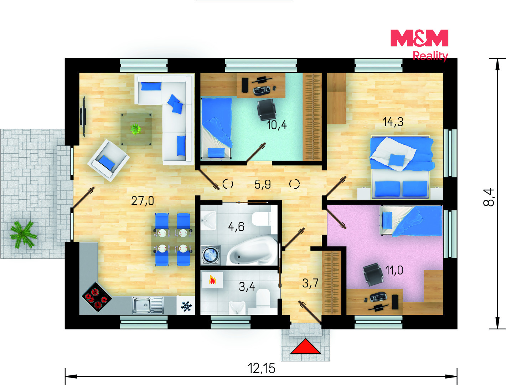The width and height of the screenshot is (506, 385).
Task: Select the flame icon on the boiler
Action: click(x=212, y=280)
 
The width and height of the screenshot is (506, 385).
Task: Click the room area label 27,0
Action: click(x=143, y=201)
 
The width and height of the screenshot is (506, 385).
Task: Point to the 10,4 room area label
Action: click(x=277, y=125)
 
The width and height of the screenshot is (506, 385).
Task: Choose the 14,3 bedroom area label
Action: click(x=393, y=122)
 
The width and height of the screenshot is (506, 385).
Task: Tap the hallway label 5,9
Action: click(x=263, y=184)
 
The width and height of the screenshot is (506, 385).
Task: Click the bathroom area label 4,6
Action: click(x=236, y=227)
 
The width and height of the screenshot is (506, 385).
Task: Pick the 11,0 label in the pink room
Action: click(x=394, y=271)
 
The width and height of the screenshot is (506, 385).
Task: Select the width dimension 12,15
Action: click(x=261, y=368)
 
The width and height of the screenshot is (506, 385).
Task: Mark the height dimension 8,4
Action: click(x=489, y=197)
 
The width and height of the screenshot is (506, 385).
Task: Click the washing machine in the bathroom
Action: click(x=211, y=255)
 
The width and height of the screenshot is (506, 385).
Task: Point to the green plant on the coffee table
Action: click(x=136, y=129)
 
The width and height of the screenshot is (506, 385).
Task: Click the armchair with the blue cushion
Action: click(x=108, y=160)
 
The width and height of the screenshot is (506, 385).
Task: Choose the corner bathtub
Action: click(x=252, y=250)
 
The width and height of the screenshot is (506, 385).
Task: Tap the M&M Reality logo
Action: click(x=419, y=45)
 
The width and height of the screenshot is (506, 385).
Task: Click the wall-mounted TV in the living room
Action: click(x=83, y=117)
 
